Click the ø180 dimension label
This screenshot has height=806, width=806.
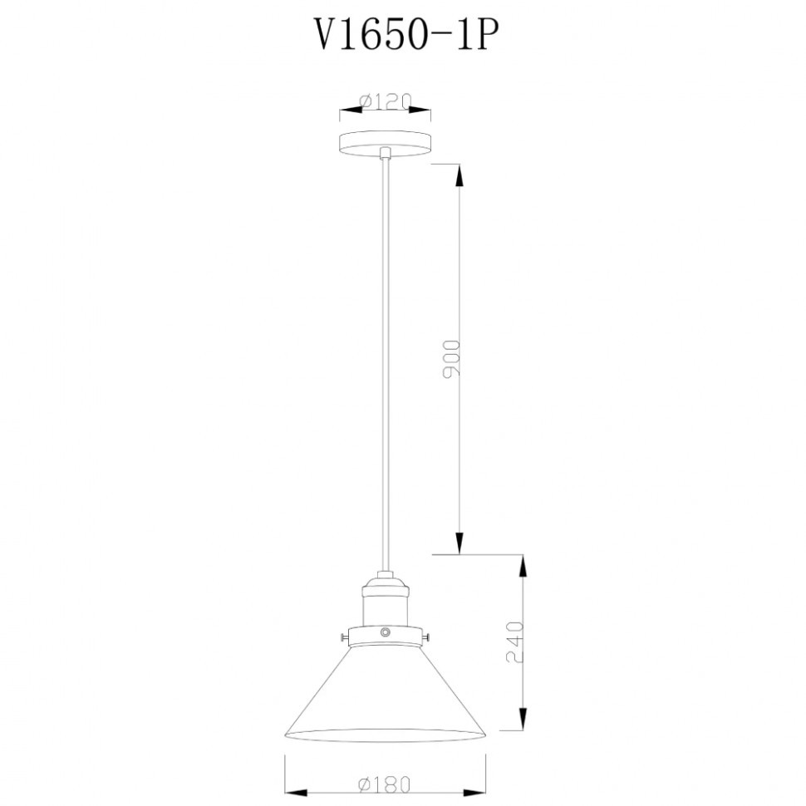(385, 783)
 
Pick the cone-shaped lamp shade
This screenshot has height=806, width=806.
(385, 698)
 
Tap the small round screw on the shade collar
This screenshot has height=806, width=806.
(385, 633)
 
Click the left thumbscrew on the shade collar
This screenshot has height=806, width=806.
(343, 637)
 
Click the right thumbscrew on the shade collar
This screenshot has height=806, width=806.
(426, 637)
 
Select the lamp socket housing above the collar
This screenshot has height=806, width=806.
(385, 600)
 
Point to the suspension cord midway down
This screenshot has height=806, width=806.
(385, 357)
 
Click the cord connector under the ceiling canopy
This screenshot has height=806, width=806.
(385, 153)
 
